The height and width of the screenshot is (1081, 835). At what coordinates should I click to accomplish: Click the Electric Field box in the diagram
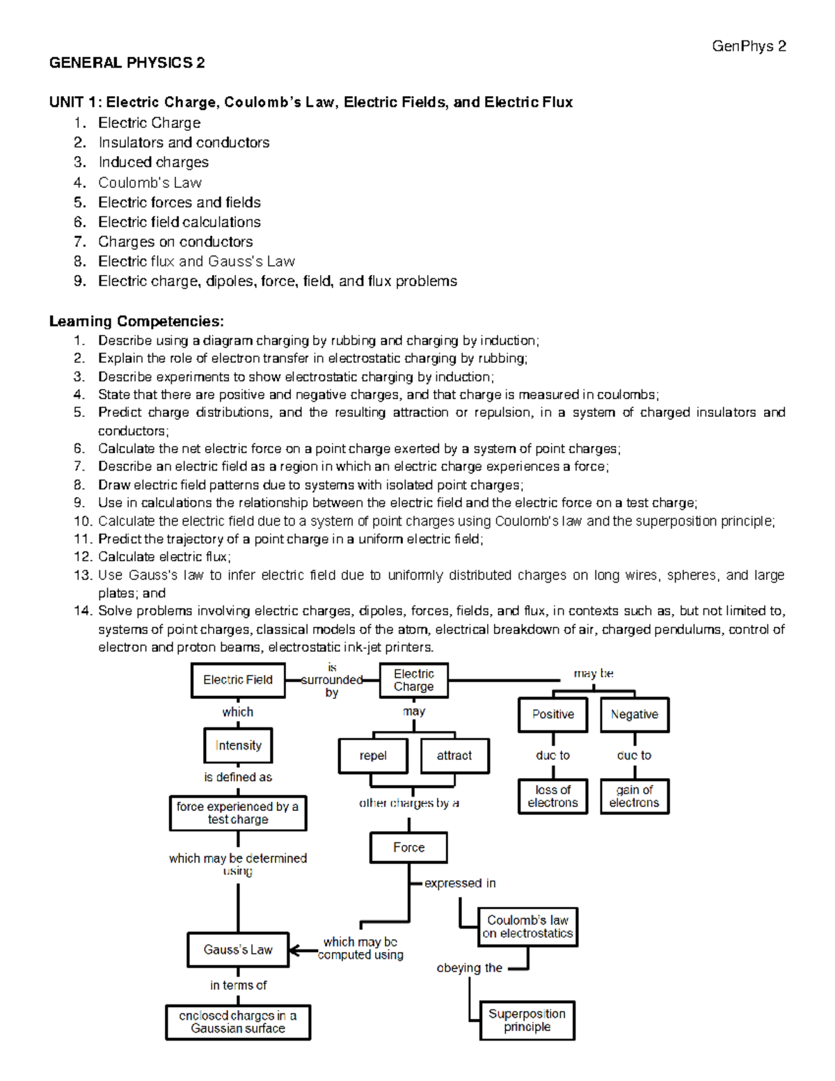(x=238, y=680)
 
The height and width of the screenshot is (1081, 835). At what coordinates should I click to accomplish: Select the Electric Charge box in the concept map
(x=413, y=680)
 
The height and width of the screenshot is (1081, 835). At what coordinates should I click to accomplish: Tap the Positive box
(x=553, y=715)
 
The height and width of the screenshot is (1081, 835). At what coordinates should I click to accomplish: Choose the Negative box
(x=635, y=715)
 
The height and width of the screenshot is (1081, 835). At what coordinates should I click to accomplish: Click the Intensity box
(x=238, y=745)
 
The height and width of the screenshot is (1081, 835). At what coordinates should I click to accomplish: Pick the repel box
(x=373, y=756)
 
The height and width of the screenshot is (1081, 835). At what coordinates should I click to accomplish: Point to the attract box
(x=454, y=756)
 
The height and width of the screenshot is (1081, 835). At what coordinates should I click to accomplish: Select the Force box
(x=408, y=848)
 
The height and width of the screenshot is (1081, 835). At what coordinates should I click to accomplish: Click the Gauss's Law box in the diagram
(x=238, y=950)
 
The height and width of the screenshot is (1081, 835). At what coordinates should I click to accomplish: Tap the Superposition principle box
(x=527, y=1020)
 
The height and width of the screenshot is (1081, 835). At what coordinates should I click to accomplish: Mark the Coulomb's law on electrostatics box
(x=527, y=927)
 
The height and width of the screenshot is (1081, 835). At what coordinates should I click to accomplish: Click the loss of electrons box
(x=553, y=796)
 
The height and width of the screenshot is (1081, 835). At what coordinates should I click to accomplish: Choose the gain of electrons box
(x=635, y=796)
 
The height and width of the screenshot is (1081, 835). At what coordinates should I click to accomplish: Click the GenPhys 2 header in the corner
(x=749, y=47)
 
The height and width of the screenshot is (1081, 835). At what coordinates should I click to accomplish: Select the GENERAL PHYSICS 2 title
(x=127, y=63)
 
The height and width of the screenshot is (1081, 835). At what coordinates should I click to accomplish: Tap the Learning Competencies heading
(x=136, y=322)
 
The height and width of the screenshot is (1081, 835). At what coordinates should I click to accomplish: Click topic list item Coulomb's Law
(x=150, y=183)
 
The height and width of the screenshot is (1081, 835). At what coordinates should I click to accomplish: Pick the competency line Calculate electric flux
(x=164, y=557)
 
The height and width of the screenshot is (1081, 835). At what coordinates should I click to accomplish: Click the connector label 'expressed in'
(x=460, y=883)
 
